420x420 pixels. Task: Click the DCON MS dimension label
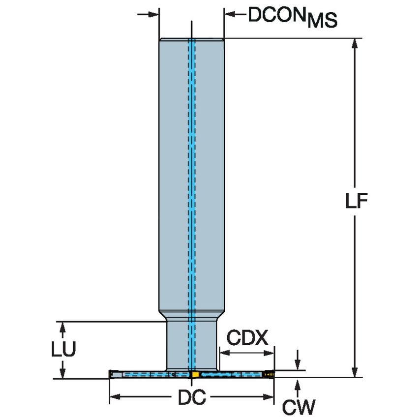tap(292, 17)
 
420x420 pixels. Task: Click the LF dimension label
tap(356, 202)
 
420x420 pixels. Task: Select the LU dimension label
tap(63, 350)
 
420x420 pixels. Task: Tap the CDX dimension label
tap(247, 338)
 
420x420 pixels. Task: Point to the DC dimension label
tap(191, 398)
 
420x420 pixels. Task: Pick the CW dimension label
tap(298, 407)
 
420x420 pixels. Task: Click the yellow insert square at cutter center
tap(195, 375)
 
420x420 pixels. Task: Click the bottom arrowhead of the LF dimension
tap(354, 372)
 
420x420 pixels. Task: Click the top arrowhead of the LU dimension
tap(62, 327)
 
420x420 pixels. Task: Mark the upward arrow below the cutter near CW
tap(297, 384)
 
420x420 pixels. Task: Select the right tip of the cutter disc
tap(272, 375)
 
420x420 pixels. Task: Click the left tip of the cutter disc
tap(111, 375)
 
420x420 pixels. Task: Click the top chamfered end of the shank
tap(192, 40)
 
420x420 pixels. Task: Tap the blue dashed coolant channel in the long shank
tap(192, 172)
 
